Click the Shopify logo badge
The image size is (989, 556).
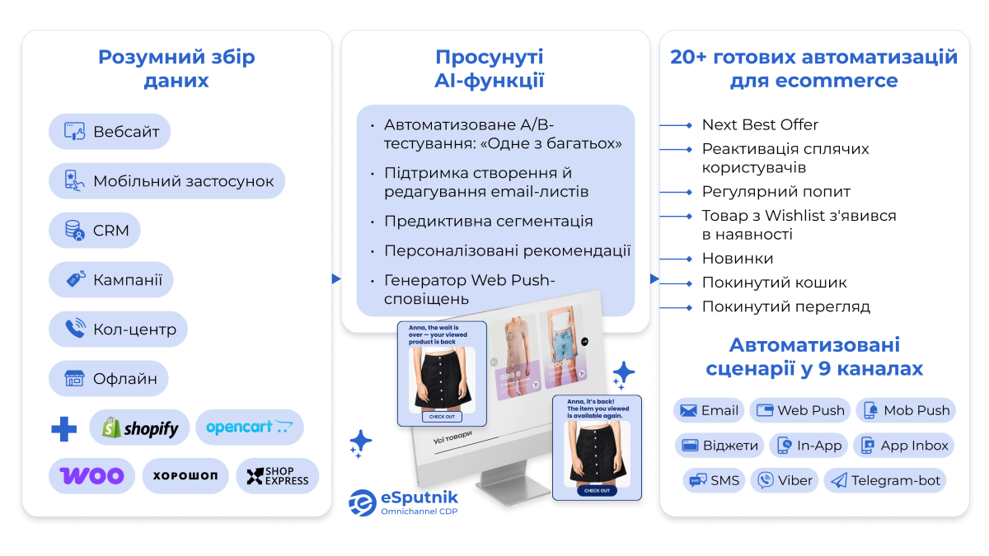coord(139,428)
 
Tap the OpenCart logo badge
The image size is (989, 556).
coord(249,428)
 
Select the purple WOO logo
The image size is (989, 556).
coord(91,475)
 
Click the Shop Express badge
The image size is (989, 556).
coord(277,476)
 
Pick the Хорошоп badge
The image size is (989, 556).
coord(185,476)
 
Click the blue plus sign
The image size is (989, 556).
coord(64,428)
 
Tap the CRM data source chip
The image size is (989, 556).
coord(95,231)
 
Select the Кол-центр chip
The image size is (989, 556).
coord(118,329)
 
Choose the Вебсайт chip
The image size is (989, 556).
coord(110,132)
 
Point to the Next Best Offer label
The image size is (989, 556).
coord(760,125)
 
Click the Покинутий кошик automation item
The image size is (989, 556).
coord(774,283)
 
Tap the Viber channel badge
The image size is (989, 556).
coord(785,480)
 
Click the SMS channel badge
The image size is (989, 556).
coord(713,480)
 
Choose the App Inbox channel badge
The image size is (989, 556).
coord(903,446)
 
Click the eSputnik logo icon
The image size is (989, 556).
coord(363,502)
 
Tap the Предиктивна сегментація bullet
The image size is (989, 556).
coord(488,222)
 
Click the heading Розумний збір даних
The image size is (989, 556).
coord(176,68)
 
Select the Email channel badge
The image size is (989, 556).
coord(709,410)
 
